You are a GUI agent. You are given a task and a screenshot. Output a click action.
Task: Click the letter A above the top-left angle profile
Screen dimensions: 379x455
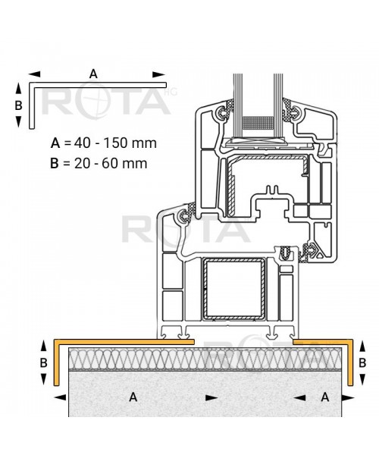point(93,74)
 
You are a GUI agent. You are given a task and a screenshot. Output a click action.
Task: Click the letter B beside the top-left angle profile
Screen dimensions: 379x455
point(18,105)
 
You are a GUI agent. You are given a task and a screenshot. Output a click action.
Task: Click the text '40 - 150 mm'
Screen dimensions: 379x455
point(115,143)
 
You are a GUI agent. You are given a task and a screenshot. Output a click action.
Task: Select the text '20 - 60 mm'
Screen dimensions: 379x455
point(111,163)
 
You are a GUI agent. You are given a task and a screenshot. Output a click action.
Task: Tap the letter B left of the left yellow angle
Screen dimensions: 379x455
point(43,362)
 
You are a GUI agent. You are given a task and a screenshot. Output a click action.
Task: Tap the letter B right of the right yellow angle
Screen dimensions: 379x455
point(362,362)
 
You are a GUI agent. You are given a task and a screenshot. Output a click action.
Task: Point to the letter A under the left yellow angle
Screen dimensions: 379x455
point(133,397)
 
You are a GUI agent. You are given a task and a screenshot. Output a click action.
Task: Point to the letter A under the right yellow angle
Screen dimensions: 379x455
point(325,397)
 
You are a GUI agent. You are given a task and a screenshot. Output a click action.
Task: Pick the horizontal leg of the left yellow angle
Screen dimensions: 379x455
point(124,341)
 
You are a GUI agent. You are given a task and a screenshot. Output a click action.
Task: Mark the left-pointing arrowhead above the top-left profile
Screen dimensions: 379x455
point(35,74)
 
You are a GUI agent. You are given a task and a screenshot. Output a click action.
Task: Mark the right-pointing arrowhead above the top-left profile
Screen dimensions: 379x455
point(159,74)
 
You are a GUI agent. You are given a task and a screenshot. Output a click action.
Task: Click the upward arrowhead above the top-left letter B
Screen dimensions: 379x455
point(18,88)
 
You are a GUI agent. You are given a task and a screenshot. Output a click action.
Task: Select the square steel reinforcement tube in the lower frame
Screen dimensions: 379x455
point(233,289)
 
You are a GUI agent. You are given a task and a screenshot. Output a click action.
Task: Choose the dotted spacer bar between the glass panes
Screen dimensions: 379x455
point(258,123)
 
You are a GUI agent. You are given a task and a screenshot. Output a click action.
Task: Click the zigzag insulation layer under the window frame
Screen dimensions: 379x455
point(205,359)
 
